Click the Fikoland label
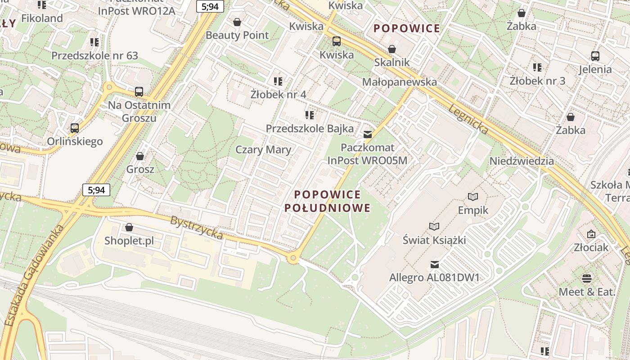point(42,18)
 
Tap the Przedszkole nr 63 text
point(94,56)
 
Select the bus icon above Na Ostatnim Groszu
point(139,92)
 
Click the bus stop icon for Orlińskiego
point(75,128)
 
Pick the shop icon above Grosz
point(140,156)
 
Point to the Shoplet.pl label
point(129,241)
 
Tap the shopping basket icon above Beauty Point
point(237,22)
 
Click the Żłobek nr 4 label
point(278,94)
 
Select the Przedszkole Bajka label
point(310,129)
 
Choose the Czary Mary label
point(263,150)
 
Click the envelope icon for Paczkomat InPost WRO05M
point(368,134)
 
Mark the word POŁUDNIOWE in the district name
point(328,208)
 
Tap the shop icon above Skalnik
point(392,49)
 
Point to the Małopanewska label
point(399,82)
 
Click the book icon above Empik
point(473,197)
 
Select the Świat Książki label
point(434,240)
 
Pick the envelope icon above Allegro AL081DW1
point(434,265)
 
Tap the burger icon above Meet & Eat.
point(586,279)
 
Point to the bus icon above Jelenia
point(595,56)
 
